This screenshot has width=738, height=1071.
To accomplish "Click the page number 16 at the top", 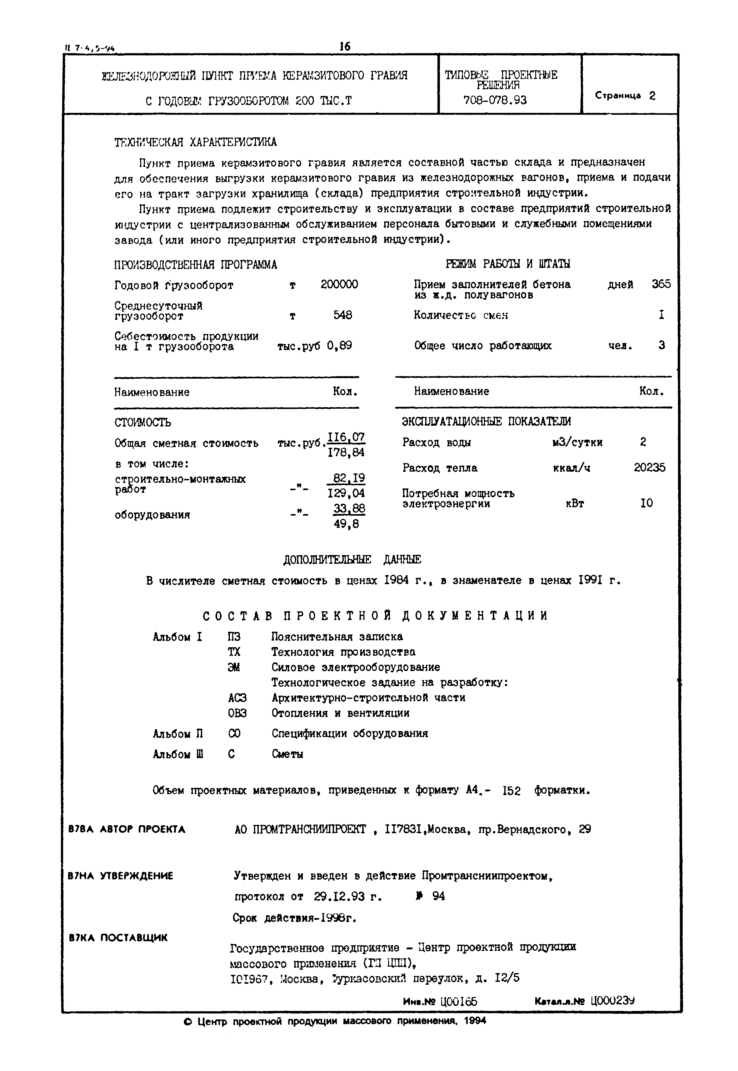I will [x=345, y=46].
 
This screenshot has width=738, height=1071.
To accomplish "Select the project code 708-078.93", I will [x=495, y=100].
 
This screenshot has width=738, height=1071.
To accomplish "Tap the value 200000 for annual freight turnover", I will [x=339, y=285].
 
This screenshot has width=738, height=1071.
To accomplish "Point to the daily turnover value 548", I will [x=343, y=315].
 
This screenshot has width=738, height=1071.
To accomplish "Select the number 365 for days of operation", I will [x=661, y=284].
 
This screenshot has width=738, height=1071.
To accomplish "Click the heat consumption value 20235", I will [x=649, y=467].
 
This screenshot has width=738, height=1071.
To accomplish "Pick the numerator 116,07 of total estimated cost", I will [x=346, y=437].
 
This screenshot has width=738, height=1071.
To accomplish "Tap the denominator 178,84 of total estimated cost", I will [x=346, y=452].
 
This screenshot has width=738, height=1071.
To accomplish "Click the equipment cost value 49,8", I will [x=346, y=524].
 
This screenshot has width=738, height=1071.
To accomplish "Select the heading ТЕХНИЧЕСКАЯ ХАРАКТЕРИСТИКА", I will [x=195, y=142].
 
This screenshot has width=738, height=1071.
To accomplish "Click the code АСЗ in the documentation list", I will [x=237, y=698].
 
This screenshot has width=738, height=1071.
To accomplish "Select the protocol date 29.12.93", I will [x=339, y=897].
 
